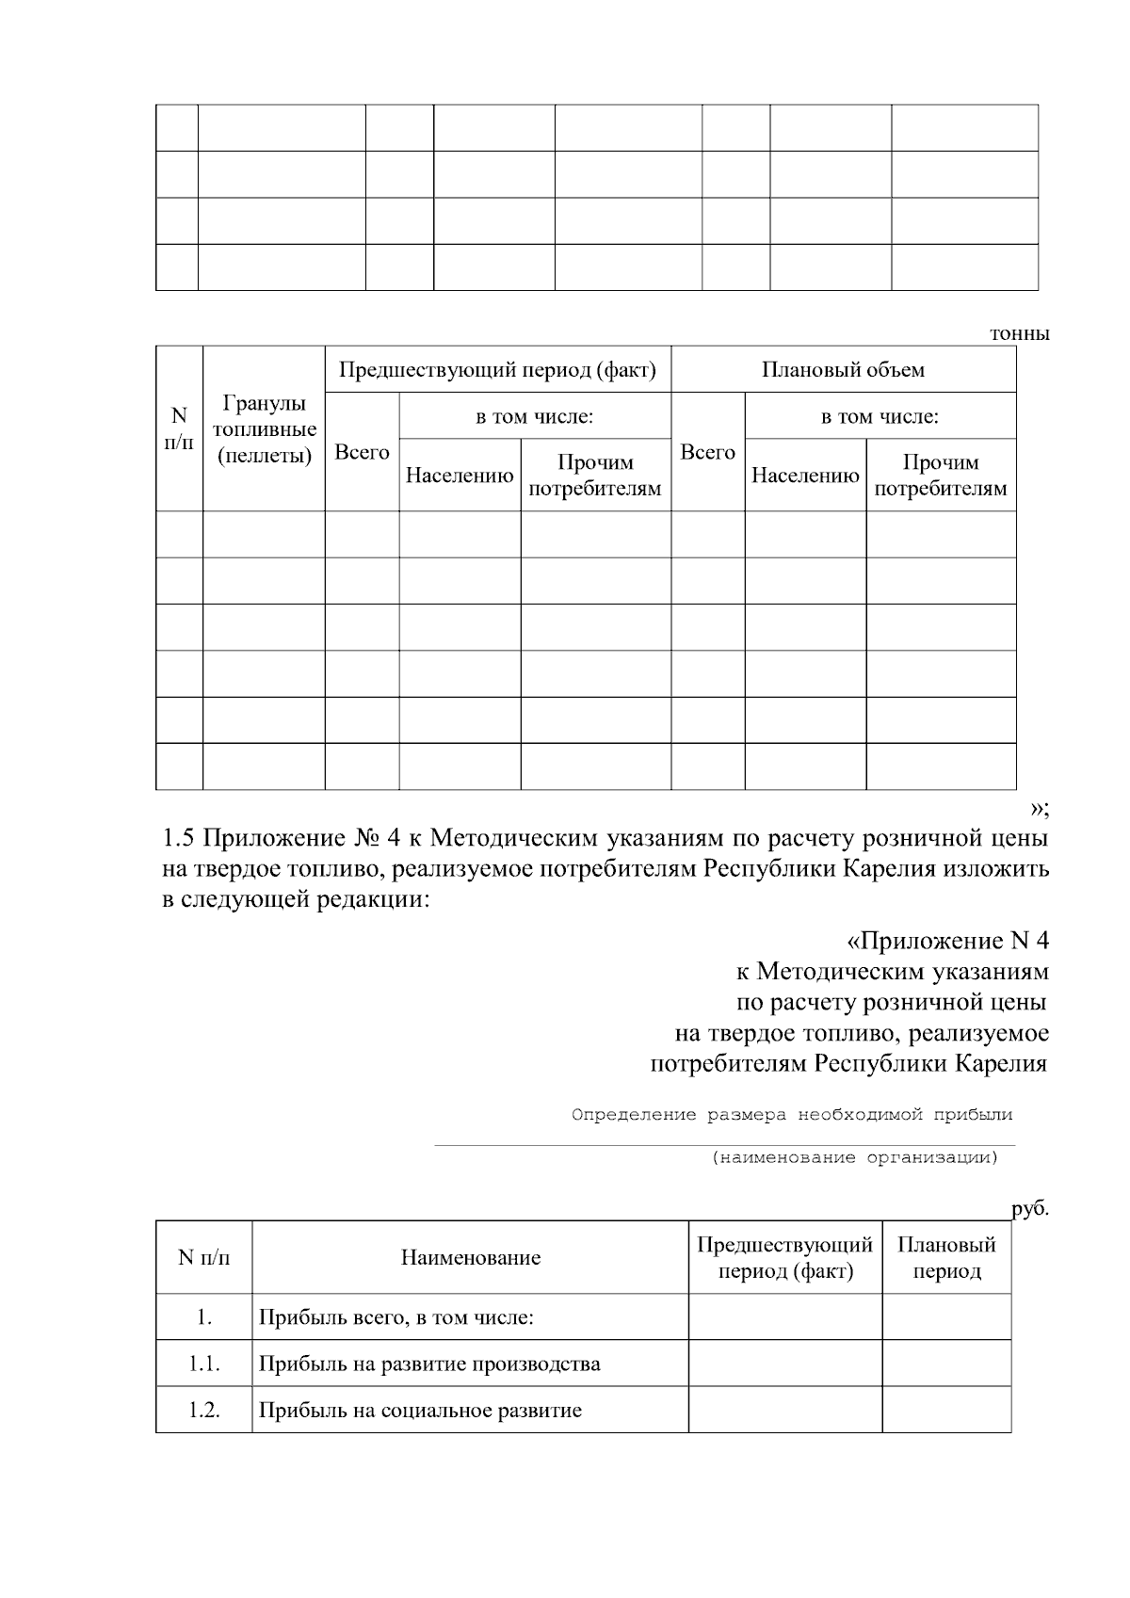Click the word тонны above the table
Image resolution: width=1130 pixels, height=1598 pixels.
coord(1019,333)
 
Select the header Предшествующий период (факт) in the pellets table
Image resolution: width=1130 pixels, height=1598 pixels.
coord(497,369)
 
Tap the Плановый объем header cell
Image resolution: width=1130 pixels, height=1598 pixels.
coord(843,369)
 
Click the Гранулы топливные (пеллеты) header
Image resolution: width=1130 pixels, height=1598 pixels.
coord(264,429)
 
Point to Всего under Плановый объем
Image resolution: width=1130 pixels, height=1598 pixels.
coord(707,452)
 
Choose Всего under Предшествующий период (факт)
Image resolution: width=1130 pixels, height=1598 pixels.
coord(362,452)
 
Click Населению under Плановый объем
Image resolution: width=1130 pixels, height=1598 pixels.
coord(805,476)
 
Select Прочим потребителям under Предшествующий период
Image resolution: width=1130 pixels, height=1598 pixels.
coord(595,476)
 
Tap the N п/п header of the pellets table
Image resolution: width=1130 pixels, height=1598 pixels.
coord(179,428)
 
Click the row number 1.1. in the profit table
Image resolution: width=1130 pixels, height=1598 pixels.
coord(203,1364)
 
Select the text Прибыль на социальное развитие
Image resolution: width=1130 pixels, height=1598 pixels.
coord(420,1411)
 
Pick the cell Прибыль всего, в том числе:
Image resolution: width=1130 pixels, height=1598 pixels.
coord(396,1317)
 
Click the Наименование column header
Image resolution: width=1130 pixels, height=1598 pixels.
coord(470,1258)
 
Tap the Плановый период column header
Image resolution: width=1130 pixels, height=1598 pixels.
coord(945,1258)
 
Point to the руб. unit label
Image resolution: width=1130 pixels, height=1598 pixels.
coord(1030,1209)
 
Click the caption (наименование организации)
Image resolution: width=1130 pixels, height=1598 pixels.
coord(854,1157)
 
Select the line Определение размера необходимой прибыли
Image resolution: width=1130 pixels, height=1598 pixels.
coord(792,1115)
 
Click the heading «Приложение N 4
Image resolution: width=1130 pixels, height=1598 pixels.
coord(946,941)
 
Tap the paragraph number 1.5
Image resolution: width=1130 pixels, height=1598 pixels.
coord(179,837)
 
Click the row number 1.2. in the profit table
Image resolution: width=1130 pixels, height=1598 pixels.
coord(203,1411)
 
